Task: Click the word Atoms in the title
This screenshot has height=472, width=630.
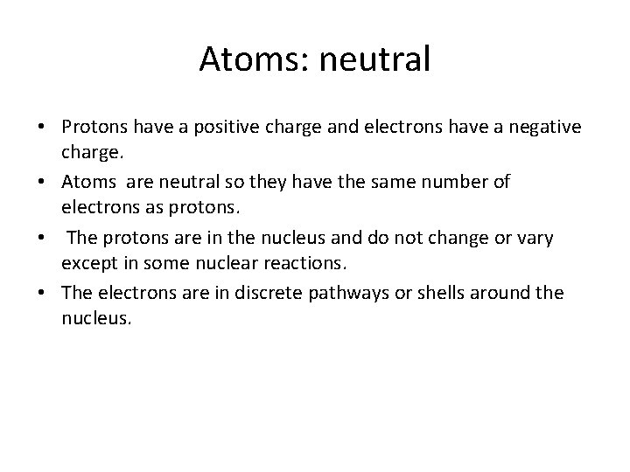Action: (248, 59)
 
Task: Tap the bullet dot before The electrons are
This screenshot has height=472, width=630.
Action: (41, 293)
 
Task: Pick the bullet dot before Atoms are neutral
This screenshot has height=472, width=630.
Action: (41, 184)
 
